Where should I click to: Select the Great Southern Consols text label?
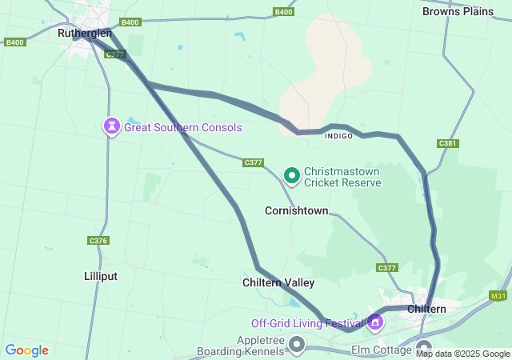(x=182, y=127)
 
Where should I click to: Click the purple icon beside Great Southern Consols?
(x=111, y=126)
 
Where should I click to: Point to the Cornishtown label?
(x=296, y=211)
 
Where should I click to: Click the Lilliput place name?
(x=101, y=276)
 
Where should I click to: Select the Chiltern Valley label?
(x=278, y=282)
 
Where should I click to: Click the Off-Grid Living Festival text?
(x=307, y=323)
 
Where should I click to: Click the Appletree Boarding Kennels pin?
(x=298, y=345)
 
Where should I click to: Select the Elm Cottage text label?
(x=382, y=350)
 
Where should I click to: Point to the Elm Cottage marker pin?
(x=424, y=348)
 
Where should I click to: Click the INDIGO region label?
(x=338, y=136)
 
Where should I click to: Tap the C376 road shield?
(x=98, y=240)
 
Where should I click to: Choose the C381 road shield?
(x=447, y=143)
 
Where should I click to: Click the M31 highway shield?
(x=498, y=296)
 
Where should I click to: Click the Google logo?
(x=26, y=350)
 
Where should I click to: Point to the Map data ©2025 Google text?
(x=462, y=354)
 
